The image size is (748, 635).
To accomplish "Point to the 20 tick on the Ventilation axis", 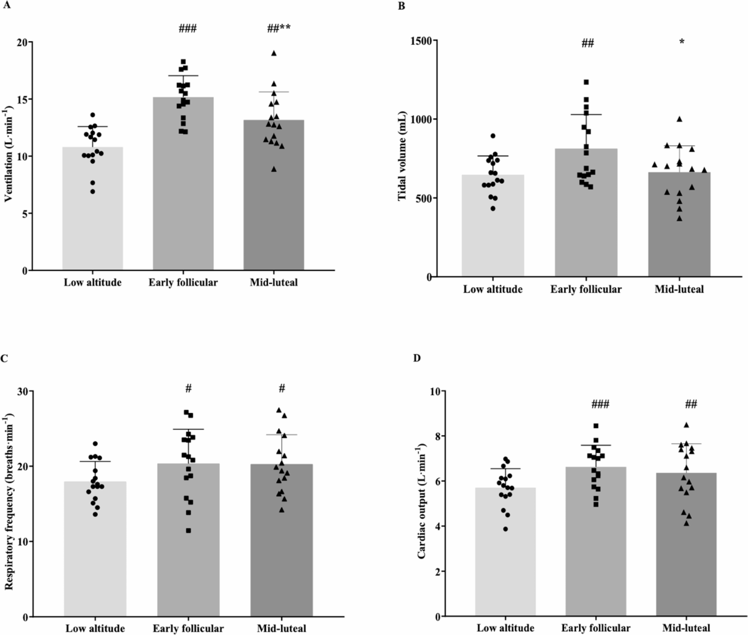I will [x=22, y=42].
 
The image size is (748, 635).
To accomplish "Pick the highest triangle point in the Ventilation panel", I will [x=274, y=53].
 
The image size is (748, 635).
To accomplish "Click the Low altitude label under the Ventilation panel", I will [x=92, y=282].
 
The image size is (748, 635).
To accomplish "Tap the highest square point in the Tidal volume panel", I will [x=586, y=82].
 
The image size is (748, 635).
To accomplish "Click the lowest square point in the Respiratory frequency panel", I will [x=188, y=530].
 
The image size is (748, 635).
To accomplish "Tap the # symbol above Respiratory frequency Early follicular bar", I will [x=188, y=388].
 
